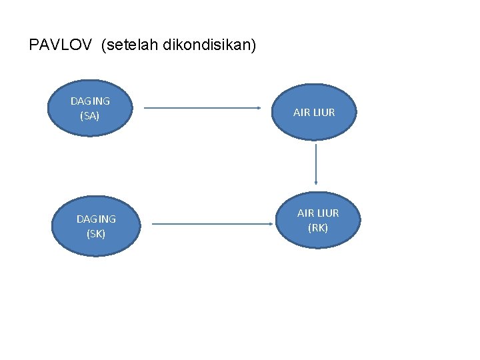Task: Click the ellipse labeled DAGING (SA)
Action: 90,108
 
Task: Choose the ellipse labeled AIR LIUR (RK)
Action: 318,220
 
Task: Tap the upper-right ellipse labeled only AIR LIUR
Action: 315,112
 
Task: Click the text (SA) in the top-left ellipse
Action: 89,116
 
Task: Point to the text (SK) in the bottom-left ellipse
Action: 96,233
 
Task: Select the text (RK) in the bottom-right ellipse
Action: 318,228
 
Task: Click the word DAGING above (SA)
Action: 90,101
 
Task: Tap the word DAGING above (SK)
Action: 96,219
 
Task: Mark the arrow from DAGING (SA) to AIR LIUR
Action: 201,108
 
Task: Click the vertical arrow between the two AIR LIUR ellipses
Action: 315,161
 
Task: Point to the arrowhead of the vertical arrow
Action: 315,183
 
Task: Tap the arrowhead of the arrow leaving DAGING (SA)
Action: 258,108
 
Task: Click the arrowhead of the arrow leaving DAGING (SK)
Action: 275,224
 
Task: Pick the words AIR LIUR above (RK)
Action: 318,213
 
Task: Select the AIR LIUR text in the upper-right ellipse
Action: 315,113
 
